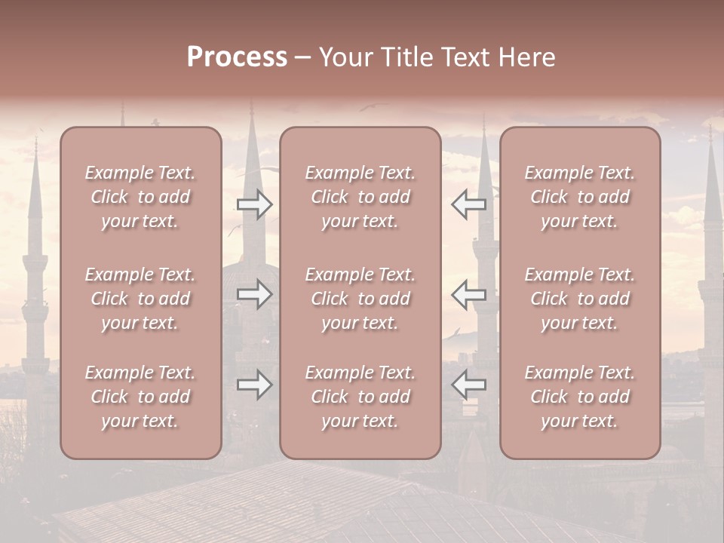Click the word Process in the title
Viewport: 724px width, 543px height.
(x=237, y=57)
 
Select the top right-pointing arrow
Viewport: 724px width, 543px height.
(x=254, y=204)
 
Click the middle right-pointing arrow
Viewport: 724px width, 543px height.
(x=254, y=294)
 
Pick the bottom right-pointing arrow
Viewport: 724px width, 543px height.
(x=254, y=385)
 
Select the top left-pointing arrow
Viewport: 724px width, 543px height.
(x=468, y=204)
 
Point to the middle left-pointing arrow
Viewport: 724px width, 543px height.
(x=468, y=294)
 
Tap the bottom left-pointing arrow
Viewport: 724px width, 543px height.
(x=468, y=385)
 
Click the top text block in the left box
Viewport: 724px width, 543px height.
(x=140, y=197)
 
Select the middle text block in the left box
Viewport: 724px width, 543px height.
(x=140, y=299)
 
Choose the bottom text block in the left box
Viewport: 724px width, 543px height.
(x=140, y=397)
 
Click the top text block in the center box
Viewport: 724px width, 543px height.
(x=360, y=197)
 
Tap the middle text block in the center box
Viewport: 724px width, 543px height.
(x=360, y=299)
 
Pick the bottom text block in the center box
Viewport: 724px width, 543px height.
(x=360, y=397)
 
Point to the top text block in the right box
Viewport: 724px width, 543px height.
(x=579, y=197)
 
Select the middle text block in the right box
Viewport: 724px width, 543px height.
(x=579, y=299)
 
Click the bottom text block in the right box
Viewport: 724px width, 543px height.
(x=579, y=397)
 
